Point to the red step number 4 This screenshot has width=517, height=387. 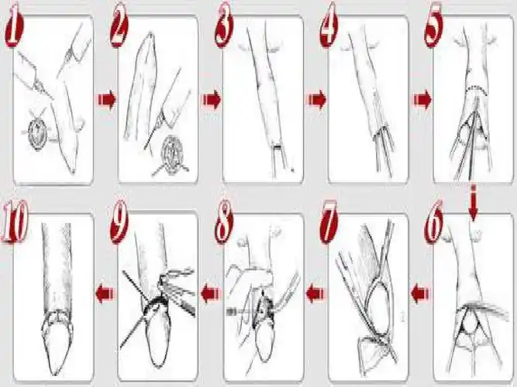click(329, 26)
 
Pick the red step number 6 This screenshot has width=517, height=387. click(434, 224)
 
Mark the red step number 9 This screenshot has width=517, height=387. click(119, 222)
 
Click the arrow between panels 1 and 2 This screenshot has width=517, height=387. click(107, 99)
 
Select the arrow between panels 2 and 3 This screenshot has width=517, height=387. click(212, 99)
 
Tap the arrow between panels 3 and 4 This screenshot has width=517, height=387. click(317, 99)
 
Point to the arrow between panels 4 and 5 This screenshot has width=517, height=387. click(422, 100)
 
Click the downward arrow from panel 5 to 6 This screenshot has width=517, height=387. click(474, 204)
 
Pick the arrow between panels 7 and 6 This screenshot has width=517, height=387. click(421, 293)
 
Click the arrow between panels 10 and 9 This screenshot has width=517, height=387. click(105, 294)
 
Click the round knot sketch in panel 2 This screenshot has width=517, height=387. click(171, 156)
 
